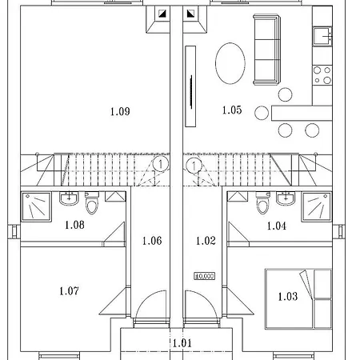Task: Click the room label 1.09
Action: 120,111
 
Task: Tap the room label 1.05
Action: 231,111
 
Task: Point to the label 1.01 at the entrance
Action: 182,343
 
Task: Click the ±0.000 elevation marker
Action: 205,275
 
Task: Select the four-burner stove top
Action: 322,75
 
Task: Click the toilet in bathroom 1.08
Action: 91,206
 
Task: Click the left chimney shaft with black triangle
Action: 162,14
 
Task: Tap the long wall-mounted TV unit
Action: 190,86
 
